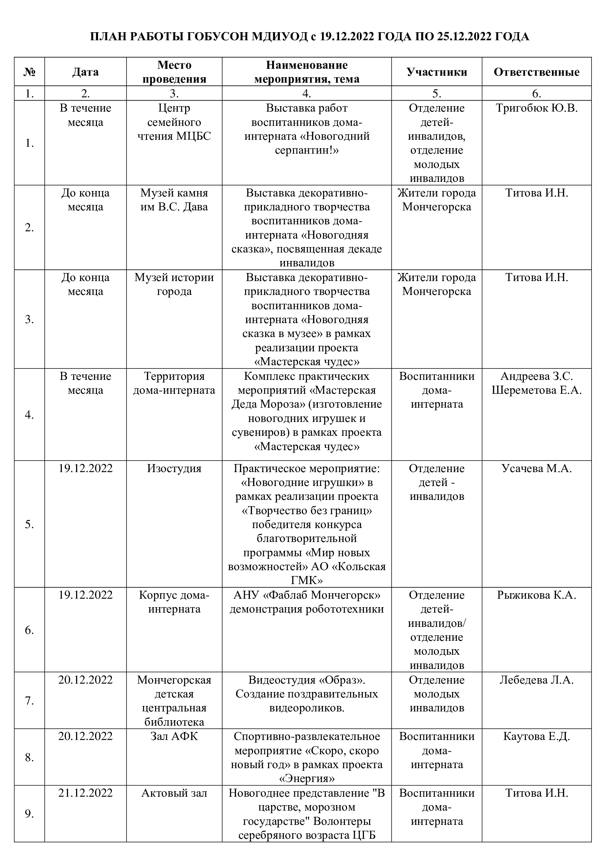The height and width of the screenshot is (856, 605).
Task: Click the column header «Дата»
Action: (x=85, y=72)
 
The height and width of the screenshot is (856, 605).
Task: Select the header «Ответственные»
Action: (x=537, y=72)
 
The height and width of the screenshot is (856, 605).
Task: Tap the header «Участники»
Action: (x=437, y=72)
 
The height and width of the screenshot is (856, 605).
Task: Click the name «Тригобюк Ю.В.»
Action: (x=537, y=108)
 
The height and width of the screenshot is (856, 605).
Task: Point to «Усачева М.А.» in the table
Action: (x=537, y=469)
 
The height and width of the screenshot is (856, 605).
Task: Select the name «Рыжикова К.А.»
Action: (x=537, y=595)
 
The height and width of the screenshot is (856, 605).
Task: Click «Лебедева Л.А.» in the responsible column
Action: (x=537, y=680)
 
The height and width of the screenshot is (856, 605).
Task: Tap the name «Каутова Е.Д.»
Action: (x=537, y=736)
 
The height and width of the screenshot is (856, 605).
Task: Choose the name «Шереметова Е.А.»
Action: (x=537, y=390)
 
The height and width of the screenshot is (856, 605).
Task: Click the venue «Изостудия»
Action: (x=174, y=469)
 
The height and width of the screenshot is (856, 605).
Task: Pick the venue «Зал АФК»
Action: (x=174, y=736)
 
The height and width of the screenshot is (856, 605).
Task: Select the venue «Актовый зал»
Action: (x=174, y=793)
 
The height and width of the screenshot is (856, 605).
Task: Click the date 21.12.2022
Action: (x=85, y=793)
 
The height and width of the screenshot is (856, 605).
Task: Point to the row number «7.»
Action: (x=29, y=701)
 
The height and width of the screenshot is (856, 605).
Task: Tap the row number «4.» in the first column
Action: (x=29, y=415)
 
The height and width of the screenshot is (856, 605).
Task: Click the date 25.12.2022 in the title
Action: (x=459, y=37)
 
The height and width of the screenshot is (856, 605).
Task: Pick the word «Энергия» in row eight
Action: (x=307, y=779)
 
